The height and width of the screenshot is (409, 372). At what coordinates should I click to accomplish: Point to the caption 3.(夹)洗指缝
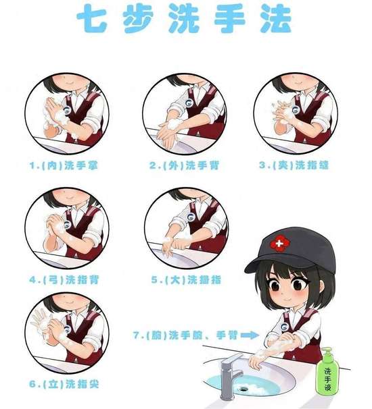[x=294, y=165]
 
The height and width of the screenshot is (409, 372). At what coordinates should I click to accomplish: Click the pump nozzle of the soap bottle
[x=327, y=350]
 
